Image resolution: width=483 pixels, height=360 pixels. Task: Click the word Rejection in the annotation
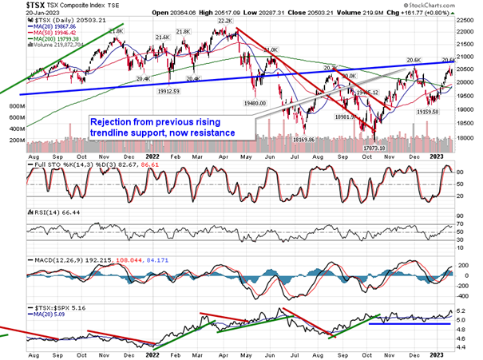point(113,121)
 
